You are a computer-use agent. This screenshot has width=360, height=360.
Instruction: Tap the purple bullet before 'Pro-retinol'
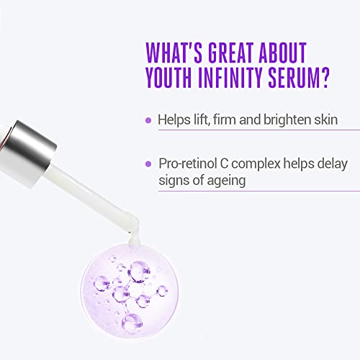[148, 163]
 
